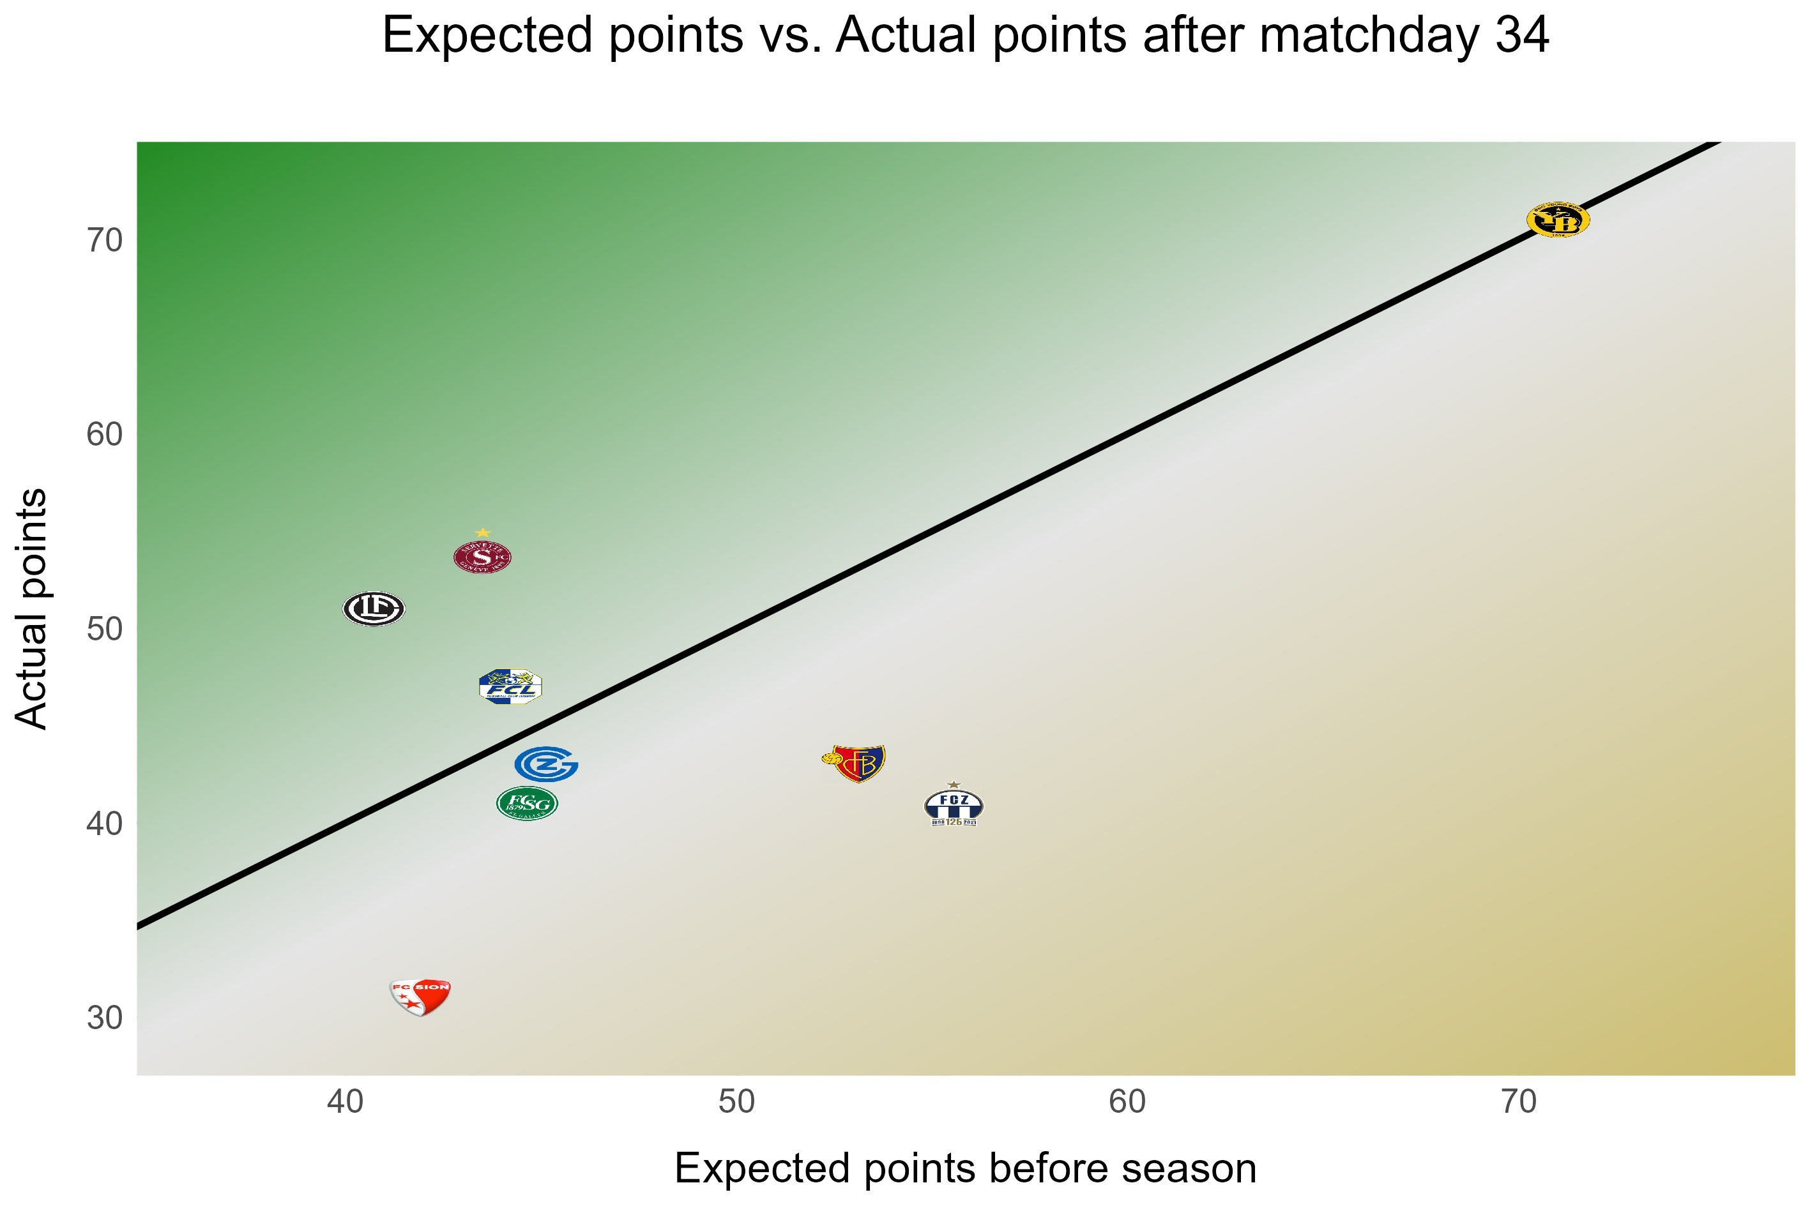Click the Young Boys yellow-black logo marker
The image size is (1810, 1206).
click(1557, 220)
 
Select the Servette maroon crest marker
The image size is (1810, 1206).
click(482, 557)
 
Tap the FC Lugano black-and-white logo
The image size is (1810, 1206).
click(374, 608)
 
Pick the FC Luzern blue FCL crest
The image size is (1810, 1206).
click(510, 687)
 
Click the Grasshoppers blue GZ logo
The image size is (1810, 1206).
click(546, 764)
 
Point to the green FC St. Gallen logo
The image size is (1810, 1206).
click(527, 804)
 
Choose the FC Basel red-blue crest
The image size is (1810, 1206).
click(855, 763)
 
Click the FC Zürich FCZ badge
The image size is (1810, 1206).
click(953, 807)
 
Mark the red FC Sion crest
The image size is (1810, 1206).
click(420, 997)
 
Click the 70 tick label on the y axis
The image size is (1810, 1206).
click(105, 241)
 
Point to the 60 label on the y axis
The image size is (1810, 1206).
click(105, 435)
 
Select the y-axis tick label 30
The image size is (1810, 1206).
click(105, 1018)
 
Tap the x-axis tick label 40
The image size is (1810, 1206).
click(345, 1102)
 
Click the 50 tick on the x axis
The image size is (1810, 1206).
click(736, 1102)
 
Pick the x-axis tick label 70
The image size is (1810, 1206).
click(1519, 1102)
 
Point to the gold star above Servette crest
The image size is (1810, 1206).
click(482, 532)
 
